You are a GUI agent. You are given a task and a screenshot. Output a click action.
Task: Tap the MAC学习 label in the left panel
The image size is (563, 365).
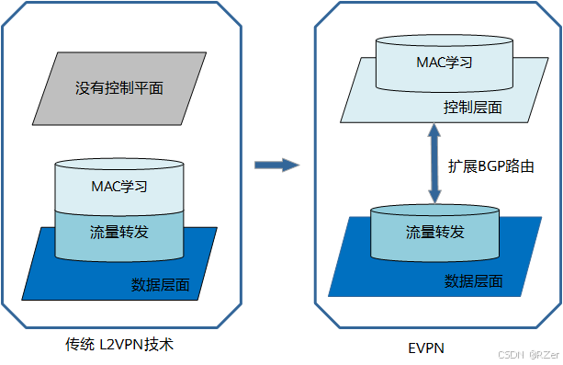tap(119, 186)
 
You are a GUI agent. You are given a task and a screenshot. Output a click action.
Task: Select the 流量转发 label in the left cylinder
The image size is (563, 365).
tap(119, 228)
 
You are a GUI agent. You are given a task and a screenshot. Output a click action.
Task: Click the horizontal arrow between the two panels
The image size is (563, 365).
tap(276, 165)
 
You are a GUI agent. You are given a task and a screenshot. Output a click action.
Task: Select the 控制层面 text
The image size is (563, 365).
tap(473, 108)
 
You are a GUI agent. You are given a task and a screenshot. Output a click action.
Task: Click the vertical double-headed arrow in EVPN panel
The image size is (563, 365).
tap(433, 165)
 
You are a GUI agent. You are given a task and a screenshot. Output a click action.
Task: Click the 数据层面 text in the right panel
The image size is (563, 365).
tap(473, 280)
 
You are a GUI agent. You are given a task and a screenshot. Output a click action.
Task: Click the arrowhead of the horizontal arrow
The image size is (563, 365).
tap(291, 165)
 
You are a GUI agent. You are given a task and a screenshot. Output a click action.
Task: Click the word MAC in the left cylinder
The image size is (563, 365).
tap(106, 186)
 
